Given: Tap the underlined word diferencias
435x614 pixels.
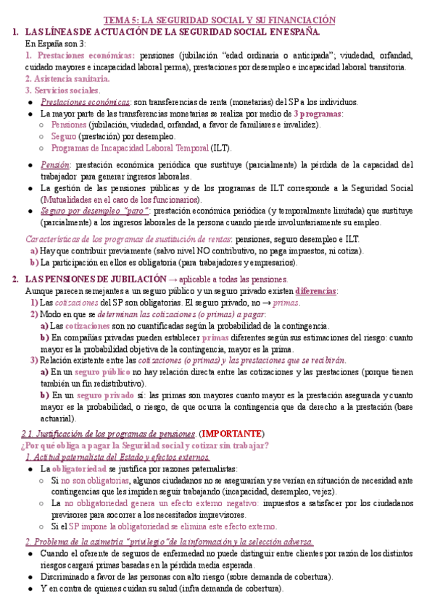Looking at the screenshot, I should click(x=316, y=290).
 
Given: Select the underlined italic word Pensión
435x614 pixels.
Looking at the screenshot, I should click(x=55, y=164).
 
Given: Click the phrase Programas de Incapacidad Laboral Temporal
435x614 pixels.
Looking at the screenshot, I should click(x=130, y=148).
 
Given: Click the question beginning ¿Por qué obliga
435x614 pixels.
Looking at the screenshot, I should click(x=145, y=445).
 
